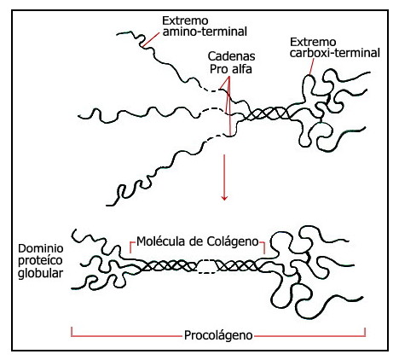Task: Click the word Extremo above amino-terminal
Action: pos(185,20)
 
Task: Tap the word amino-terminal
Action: pos(205,32)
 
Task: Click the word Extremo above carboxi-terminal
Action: pos(313,43)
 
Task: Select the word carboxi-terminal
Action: pos(335,53)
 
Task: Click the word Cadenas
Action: pos(231,56)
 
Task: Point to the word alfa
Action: pos(241,69)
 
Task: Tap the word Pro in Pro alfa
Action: pos(219,69)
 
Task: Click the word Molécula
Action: pos(162,241)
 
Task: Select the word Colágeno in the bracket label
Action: pos(233,242)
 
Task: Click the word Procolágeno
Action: pos(218,335)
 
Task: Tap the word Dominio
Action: pos(41,248)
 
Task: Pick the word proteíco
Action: pos(40,261)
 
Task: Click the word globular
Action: pos(40,274)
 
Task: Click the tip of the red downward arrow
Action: pos(224,200)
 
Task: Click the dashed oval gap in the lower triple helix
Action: pos(206,267)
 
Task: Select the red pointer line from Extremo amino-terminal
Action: pos(151,39)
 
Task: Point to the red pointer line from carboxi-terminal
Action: pos(311,67)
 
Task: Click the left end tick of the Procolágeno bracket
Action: pos(72,332)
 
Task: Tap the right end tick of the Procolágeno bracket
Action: pos(365,332)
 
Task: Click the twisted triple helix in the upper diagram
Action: pos(267,113)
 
